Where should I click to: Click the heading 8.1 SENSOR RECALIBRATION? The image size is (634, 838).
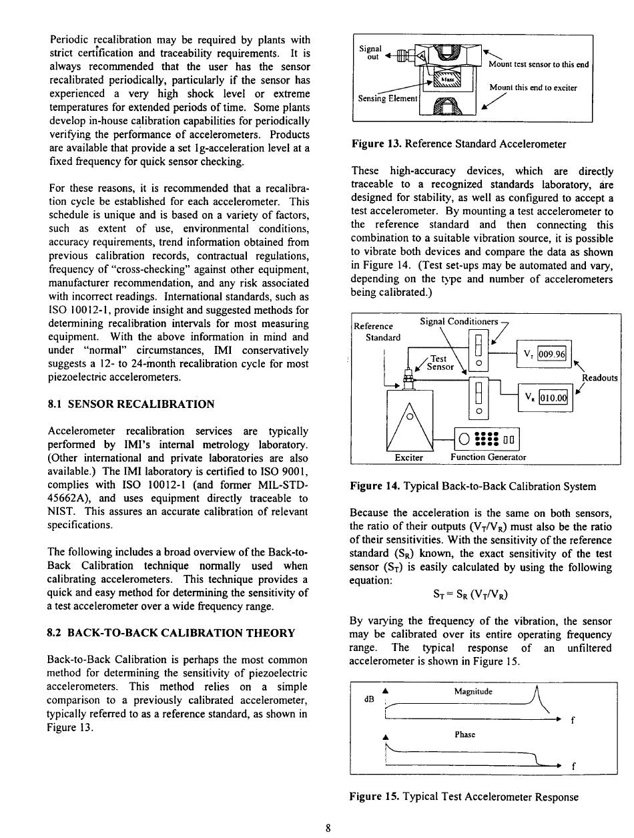(131, 404)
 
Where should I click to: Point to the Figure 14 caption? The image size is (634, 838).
(473, 487)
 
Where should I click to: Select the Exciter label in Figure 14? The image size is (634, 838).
(409, 457)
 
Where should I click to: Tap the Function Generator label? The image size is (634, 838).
(489, 457)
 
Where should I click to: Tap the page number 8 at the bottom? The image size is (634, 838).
(328, 829)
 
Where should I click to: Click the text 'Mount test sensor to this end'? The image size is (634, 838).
(539, 65)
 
